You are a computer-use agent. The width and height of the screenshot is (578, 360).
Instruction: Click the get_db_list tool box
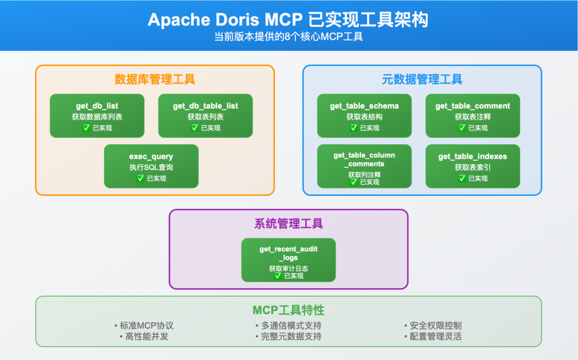coord(97,116)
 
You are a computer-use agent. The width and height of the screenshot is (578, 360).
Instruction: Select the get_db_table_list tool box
coord(205,116)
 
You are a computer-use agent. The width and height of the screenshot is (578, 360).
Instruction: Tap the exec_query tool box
coord(151,166)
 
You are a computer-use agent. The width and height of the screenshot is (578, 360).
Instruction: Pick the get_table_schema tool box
coord(364,116)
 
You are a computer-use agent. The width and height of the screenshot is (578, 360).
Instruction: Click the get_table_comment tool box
coord(473,116)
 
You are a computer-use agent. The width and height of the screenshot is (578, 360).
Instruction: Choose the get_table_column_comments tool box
coord(364,166)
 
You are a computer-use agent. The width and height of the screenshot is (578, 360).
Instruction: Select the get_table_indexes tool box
coord(473,166)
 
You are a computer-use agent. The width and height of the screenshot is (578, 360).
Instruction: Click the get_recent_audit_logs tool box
coord(288,259)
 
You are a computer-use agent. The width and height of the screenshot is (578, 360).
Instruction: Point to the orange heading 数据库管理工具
coord(155,80)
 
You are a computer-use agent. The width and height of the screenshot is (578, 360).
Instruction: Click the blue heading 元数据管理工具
coord(422,80)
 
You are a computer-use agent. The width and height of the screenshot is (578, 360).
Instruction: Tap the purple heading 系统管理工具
coord(288,224)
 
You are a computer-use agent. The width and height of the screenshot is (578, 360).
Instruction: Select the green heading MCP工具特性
coord(288,310)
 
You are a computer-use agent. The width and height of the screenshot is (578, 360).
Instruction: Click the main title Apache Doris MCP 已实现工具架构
coord(288,20)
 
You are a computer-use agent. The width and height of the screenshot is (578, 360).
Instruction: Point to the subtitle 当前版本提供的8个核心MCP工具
coord(288,37)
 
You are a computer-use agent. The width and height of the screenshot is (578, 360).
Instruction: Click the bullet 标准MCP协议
coord(144,325)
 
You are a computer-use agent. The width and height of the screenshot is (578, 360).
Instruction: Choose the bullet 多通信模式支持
coord(288,325)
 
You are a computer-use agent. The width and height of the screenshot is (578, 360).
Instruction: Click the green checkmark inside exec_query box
coord(141,178)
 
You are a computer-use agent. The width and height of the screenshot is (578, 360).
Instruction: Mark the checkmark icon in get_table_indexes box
coord(462,178)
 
